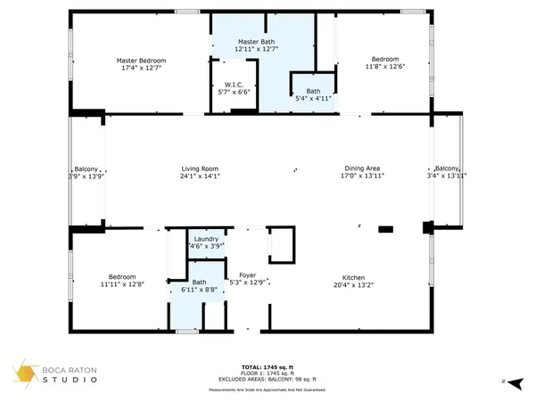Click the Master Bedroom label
(141, 61)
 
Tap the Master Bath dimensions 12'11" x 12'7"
(263, 50)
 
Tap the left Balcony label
(87, 168)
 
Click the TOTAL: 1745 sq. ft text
(267, 366)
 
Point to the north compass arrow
(505, 381)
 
